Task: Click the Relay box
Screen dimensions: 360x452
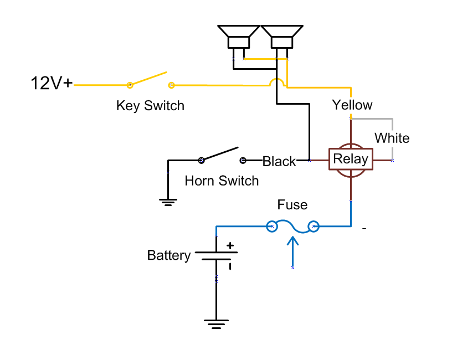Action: point(351,160)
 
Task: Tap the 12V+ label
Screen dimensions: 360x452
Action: point(51,84)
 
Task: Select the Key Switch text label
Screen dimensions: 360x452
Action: point(150,105)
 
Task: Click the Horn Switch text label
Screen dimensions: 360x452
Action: point(222,181)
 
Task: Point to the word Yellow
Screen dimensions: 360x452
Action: point(352,105)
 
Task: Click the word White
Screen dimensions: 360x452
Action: point(392,138)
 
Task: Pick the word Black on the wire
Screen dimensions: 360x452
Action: point(279,161)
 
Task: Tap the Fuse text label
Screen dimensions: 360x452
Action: point(292,205)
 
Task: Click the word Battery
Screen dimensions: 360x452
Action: point(169,255)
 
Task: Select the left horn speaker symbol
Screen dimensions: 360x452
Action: point(238,37)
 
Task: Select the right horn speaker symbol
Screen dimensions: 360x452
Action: point(282,37)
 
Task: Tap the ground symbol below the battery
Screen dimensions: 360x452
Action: point(216,323)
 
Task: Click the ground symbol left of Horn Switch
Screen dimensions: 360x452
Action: point(167,201)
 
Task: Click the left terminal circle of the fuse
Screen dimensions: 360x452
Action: point(272,226)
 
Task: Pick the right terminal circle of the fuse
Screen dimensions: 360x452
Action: point(314,226)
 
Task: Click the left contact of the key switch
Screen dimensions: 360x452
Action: point(130,85)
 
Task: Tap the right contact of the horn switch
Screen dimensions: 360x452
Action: point(243,161)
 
